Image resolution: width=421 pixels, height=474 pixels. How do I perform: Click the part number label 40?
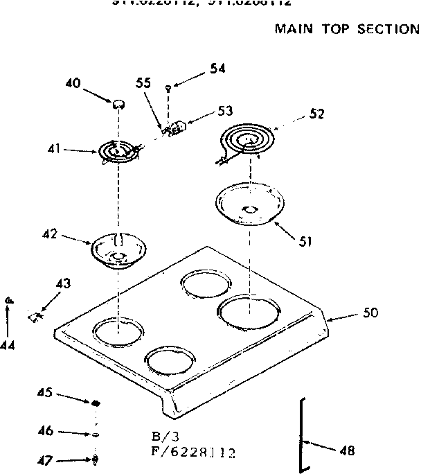[x=73, y=83]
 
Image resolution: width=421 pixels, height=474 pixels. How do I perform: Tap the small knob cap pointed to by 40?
[x=118, y=104]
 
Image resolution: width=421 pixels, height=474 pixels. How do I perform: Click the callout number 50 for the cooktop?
[x=370, y=313]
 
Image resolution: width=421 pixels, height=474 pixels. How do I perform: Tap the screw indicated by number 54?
[x=168, y=87]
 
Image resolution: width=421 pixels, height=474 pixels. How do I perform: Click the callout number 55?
[x=143, y=82]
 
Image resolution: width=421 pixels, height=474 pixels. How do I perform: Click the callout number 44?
[x=8, y=344]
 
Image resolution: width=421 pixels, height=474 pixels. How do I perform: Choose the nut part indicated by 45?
[x=96, y=403]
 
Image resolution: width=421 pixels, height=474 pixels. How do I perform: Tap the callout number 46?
[x=46, y=430]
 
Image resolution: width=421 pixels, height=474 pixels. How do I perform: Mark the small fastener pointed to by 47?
[x=96, y=459]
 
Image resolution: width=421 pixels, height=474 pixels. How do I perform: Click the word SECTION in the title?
[x=388, y=29]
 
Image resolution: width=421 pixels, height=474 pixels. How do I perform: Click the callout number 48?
[x=347, y=451]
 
